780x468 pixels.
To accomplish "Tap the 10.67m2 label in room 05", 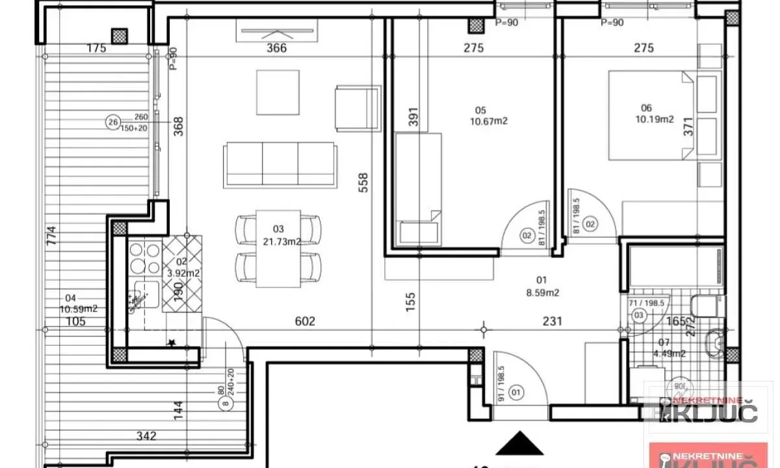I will point(488,121).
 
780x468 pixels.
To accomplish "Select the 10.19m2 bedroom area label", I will point(655,120).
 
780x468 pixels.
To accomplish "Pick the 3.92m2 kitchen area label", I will point(183,273).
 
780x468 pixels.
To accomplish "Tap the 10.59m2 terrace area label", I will point(78,309).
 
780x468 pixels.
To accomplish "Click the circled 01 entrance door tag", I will point(517,393).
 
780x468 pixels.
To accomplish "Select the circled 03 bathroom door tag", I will point(638,316).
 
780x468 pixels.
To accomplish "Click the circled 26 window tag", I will point(113,122).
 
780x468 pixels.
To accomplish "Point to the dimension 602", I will point(305,321).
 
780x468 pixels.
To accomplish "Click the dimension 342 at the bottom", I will point(147,436).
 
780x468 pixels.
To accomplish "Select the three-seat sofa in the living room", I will point(280,166).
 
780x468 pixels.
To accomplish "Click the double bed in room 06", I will point(650,115).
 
